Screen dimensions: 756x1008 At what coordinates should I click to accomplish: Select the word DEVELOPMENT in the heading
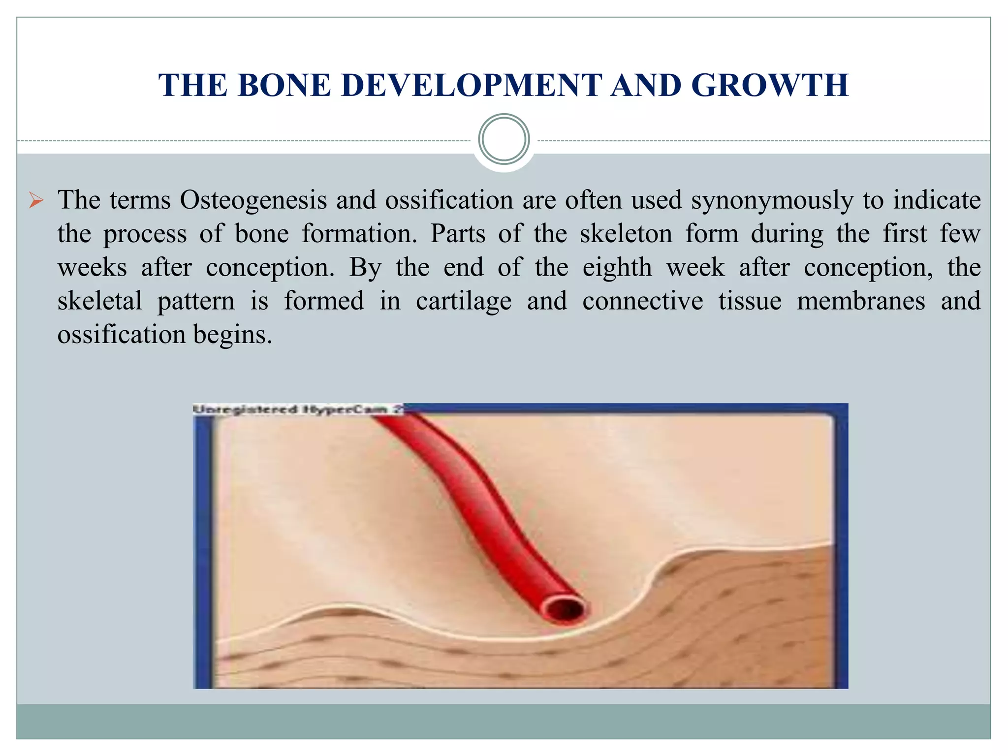coord(471,86)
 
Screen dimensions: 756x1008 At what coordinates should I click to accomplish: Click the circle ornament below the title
coord(504,139)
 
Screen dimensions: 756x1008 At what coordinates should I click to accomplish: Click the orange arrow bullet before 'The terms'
coord(36,201)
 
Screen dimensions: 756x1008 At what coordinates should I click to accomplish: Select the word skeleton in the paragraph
coord(626,234)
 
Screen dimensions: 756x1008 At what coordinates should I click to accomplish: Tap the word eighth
coord(617,268)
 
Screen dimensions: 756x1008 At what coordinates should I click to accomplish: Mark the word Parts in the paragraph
coord(458,234)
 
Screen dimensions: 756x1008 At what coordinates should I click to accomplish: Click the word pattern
coord(196,301)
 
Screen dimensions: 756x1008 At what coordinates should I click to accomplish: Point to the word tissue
coord(750,301)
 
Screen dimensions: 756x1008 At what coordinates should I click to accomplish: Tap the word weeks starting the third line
coord(92,268)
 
